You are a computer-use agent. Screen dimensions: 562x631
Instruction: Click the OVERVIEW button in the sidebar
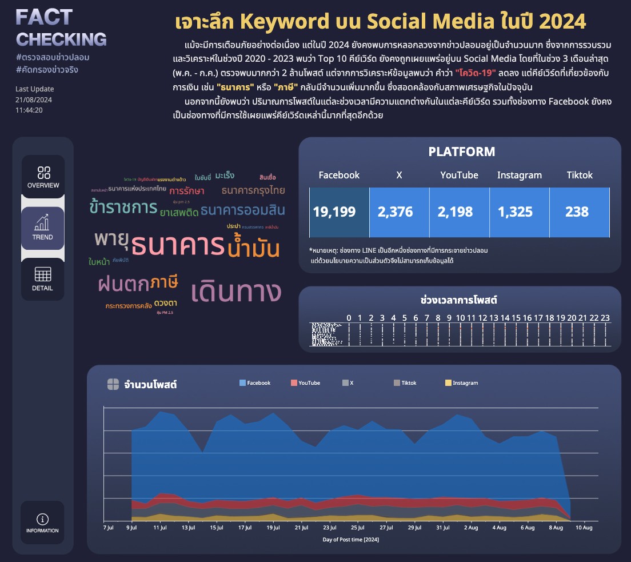pos(43,177)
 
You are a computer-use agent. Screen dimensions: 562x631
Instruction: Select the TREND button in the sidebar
pos(43,228)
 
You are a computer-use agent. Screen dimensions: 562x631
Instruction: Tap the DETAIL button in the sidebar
pos(43,279)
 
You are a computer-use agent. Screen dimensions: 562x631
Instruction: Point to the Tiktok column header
pos(580,175)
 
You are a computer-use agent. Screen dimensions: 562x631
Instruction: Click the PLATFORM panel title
pos(462,152)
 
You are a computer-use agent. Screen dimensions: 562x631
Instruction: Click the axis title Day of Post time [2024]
pos(351,539)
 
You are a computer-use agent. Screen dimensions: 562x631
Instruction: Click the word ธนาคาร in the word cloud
pos(178,246)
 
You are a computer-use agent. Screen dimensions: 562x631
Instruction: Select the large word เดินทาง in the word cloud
pos(237,291)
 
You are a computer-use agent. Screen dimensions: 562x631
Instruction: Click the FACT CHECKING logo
pos(61,29)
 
